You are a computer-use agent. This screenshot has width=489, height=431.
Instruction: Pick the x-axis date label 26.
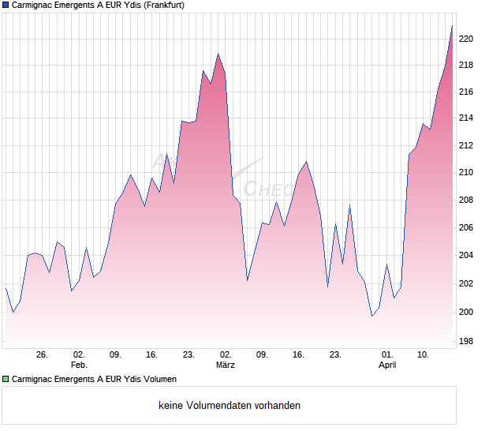coord(42,355)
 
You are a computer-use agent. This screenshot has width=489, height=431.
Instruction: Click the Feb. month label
coord(78,365)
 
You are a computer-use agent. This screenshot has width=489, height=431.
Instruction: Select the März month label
coord(226,365)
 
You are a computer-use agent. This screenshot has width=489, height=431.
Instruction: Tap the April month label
coord(386,365)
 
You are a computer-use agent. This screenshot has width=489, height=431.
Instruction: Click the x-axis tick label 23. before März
coord(189,355)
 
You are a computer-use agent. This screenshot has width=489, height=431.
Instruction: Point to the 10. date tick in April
coord(424,355)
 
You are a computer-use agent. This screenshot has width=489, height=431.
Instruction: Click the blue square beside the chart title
coord(6,6)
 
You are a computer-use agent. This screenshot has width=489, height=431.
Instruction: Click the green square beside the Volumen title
coord(6,379)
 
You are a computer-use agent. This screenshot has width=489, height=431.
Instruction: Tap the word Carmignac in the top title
coord(35,6)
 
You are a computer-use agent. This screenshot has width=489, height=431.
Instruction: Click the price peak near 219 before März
coord(218,54)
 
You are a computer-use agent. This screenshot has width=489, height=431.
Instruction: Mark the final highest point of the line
coord(452,26)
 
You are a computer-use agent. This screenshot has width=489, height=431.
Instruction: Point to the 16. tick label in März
coord(299,355)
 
